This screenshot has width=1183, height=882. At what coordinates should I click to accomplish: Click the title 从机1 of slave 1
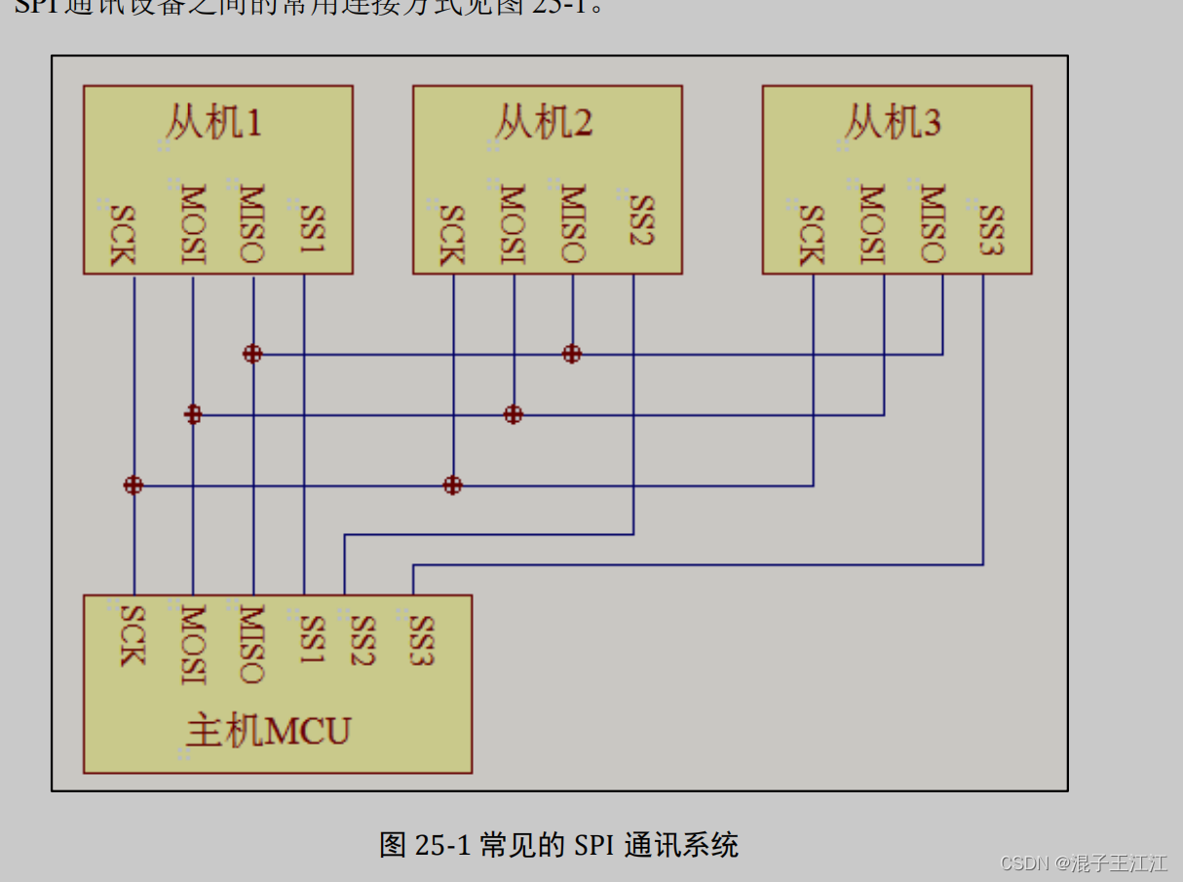[213, 124]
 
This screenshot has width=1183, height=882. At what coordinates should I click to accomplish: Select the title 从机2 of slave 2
[544, 124]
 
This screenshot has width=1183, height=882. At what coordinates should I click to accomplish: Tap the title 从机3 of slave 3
[893, 124]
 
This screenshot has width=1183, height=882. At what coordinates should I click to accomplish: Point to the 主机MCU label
[268, 730]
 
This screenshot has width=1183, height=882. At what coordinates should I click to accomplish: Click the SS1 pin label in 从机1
[311, 230]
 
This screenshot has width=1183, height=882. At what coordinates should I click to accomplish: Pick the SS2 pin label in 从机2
[640, 221]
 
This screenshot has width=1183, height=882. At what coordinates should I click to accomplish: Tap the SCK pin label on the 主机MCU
[131, 636]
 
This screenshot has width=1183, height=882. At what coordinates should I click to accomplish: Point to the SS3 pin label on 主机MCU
[420, 639]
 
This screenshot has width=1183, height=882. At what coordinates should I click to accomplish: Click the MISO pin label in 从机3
[932, 224]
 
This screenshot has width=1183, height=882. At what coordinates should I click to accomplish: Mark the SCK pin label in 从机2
[451, 235]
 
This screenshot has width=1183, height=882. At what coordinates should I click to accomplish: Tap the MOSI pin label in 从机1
[193, 224]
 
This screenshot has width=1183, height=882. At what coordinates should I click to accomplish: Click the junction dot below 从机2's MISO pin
[572, 354]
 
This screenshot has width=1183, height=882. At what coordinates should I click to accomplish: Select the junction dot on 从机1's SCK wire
[134, 485]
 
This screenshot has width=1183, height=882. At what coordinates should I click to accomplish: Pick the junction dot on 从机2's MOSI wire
[514, 415]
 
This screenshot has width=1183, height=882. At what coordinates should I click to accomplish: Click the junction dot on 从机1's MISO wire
[252, 354]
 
